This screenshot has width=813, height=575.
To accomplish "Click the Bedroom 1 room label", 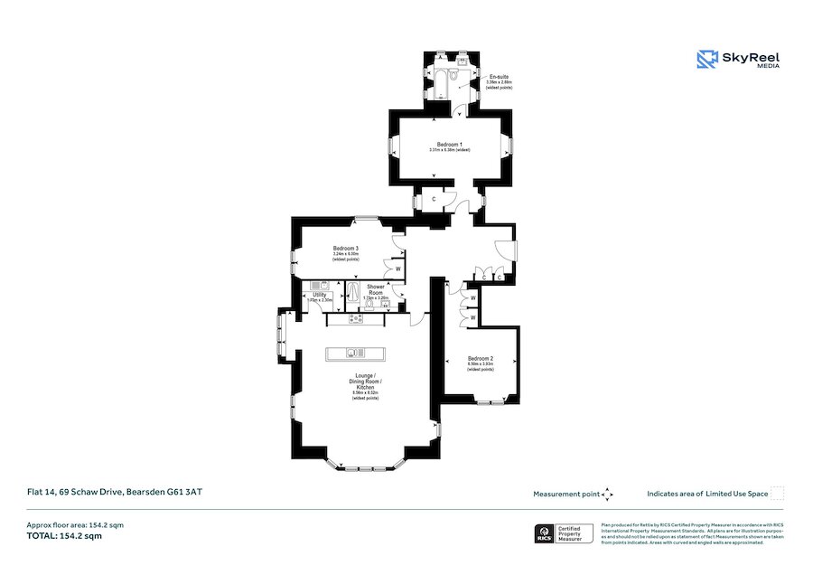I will tap(449, 145).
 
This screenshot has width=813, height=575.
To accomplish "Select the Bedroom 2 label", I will tap(481, 359).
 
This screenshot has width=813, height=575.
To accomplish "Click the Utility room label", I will tap(319, 295).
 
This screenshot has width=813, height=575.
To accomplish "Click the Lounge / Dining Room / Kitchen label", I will tap(367, 381).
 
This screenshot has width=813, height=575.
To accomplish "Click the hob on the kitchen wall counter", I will tap(356, 318).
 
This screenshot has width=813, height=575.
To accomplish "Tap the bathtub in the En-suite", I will tap(443, 83).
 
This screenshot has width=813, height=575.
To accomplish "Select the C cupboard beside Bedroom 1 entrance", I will tap(435, 199).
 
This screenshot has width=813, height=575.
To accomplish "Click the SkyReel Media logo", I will tap(738, 60).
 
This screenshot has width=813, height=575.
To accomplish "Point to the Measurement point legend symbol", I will tap(608, 494).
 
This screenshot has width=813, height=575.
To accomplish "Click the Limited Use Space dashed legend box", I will tap(777, 494).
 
